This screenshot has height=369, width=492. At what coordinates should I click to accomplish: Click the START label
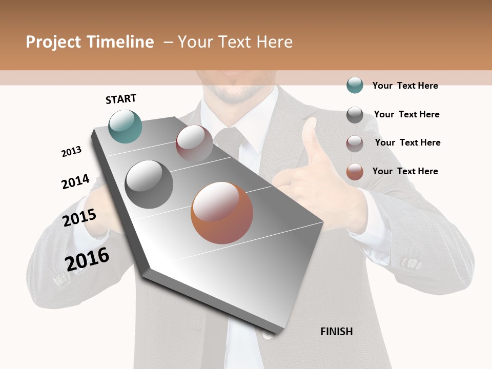(x=121, y=99)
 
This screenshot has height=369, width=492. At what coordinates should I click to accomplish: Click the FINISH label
(x=337, y=332)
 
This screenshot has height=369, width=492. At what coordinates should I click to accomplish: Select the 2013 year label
(x=71, y=152)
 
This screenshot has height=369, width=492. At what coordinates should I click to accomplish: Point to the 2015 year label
(x=79, y=218)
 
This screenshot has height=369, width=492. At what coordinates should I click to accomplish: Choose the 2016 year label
(x=87, y=259)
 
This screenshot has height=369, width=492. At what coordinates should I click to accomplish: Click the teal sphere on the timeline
(x=126, y=126)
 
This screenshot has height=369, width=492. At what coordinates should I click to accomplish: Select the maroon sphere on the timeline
(x=194, y=143)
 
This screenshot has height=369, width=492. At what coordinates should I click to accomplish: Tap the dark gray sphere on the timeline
(x=149, y=184)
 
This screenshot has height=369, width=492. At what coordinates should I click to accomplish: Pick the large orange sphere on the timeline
(x=222, y=213)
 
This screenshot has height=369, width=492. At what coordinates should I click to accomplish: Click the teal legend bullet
(x=355, y=85)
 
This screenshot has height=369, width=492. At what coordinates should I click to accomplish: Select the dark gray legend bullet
(x=355, y=114)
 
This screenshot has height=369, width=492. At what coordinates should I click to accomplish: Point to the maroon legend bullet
(x=355, y=143)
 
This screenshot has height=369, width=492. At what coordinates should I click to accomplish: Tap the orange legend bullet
(x=355, y=172)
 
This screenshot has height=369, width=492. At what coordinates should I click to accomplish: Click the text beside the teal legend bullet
(x=405, y=86)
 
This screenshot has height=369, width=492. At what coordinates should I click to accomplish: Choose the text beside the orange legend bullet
(x=405, y=171)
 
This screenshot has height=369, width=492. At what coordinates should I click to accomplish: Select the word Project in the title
(x=53, y=42)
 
